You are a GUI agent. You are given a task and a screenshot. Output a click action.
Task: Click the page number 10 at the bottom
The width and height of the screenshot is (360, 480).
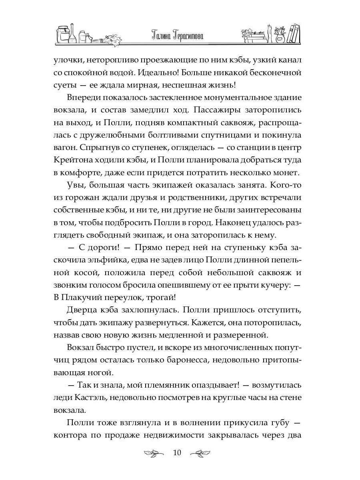click(177, 453)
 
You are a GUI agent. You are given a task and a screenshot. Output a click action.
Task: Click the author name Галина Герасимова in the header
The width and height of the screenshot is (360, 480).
click(180, 36)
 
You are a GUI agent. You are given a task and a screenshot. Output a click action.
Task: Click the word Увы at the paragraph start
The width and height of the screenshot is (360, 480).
click(76, 198)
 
